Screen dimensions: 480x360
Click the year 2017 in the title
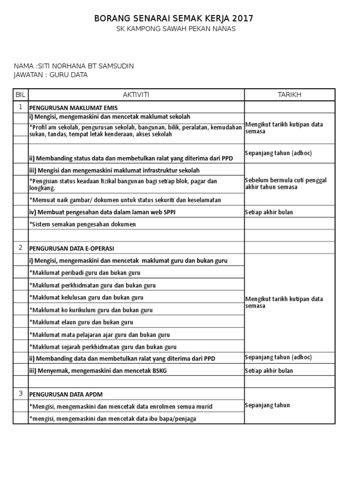click(241, 19)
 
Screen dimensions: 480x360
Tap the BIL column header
click(21, 95)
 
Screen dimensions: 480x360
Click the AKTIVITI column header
click(136, 95)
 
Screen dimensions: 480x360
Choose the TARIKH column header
click(289, 95)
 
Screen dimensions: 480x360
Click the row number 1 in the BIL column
click(21, 107)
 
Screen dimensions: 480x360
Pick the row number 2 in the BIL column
click(21, 247)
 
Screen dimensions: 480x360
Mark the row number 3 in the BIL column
click(21, 393)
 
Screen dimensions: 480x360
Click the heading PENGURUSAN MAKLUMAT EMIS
click(74, 108)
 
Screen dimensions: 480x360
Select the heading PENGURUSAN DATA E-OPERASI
click(72, 248)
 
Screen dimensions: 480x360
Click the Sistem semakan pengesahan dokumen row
click(82, 224)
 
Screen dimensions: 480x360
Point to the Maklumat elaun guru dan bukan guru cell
click(81, 322)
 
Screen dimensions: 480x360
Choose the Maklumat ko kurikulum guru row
click(91, 310)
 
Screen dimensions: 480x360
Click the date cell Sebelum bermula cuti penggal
click(285, 184)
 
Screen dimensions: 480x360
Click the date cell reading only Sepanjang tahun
click(267, 405)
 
